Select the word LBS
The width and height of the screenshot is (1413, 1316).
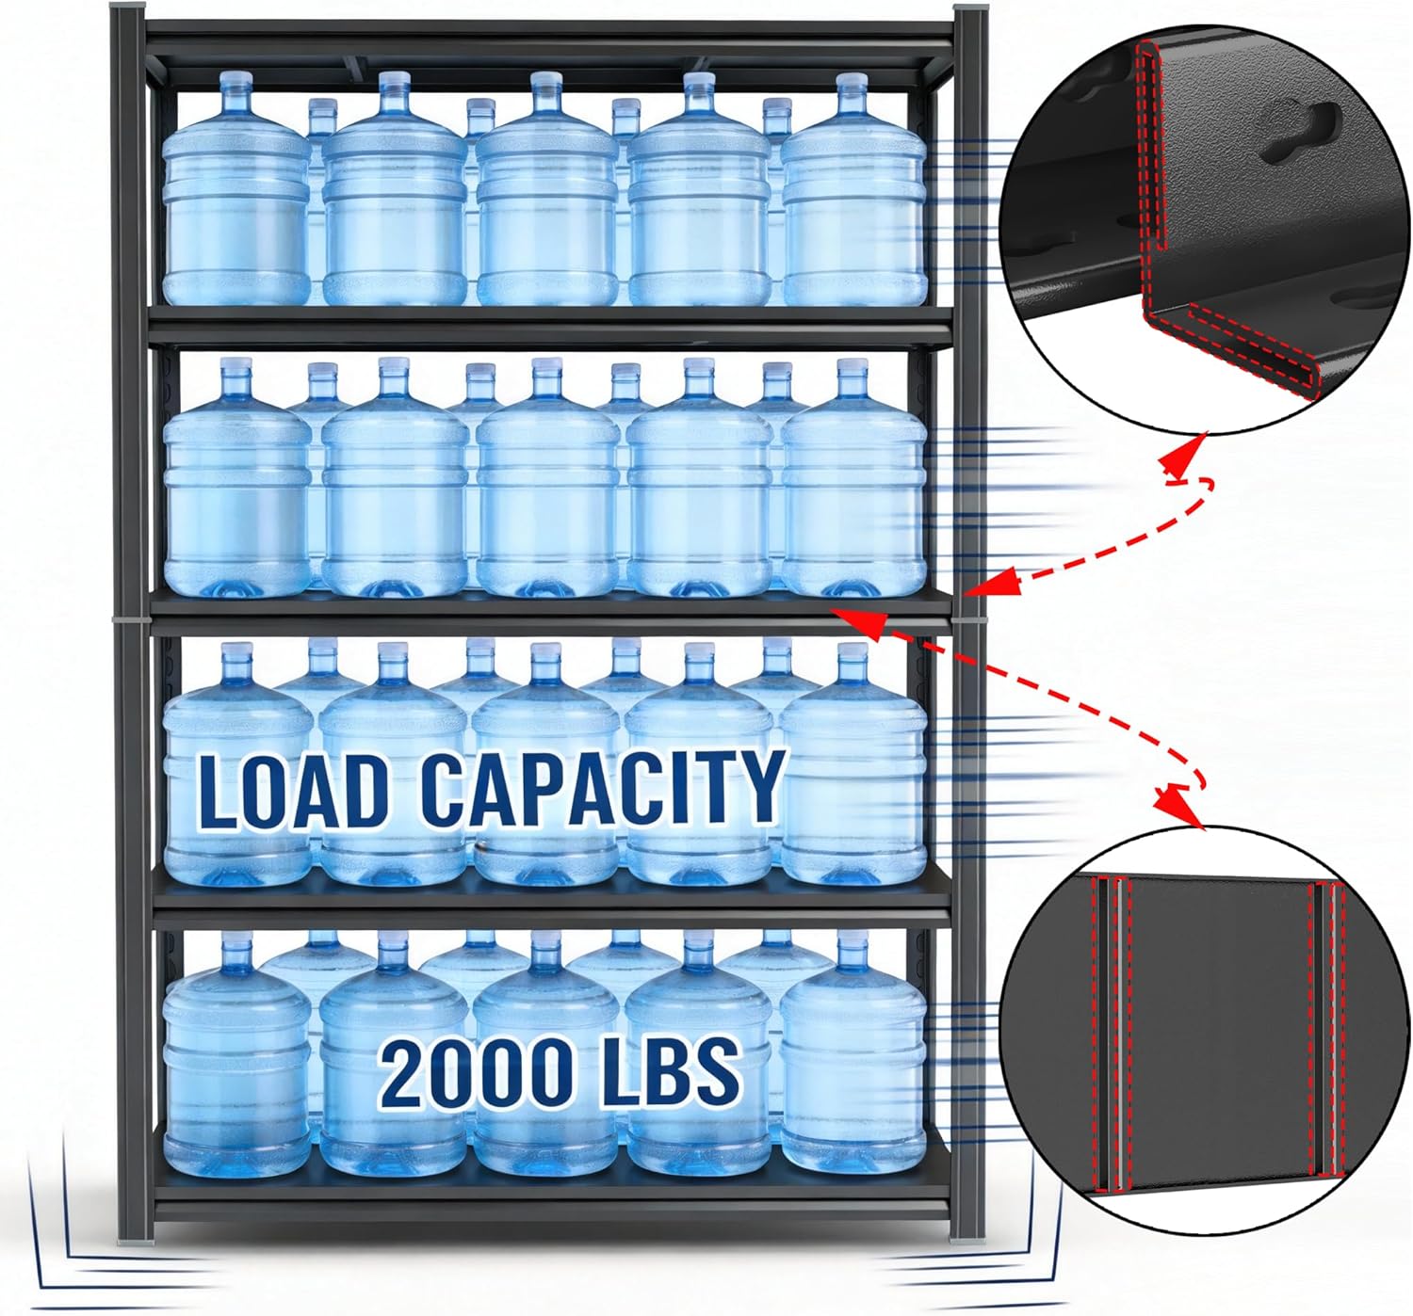(x=670, y=1070)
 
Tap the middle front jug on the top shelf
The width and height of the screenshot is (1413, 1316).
(x=546, y=198)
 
